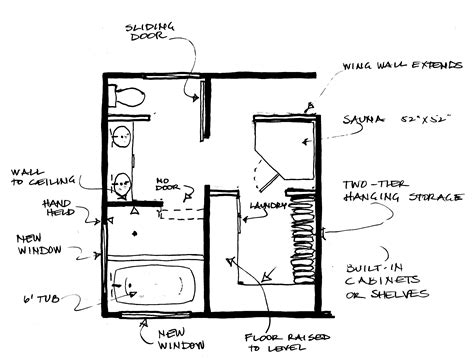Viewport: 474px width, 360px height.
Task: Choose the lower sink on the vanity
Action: point(120,183)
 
